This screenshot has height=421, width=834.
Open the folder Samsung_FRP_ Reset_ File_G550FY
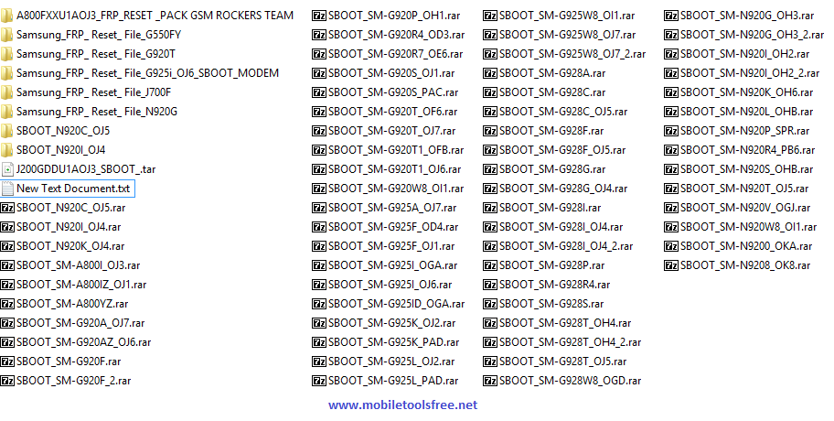tap(86, 35)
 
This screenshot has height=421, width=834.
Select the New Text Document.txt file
tap(73, 189)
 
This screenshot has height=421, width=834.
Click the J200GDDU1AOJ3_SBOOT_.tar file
tap(85, 169)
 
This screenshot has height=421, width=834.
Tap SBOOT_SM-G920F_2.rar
tap(73, 380)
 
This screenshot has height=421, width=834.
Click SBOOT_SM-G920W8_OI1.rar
tap(396, 189)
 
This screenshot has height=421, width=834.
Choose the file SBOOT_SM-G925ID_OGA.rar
tap(396, 303)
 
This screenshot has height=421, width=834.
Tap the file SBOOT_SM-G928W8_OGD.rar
tap(570, 380)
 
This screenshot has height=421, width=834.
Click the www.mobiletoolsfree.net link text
tap(402, 405)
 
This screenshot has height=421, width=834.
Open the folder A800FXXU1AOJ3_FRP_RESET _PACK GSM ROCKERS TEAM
tap(155, 16)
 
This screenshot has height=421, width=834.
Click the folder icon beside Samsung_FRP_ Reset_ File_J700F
tap(7, 92)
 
